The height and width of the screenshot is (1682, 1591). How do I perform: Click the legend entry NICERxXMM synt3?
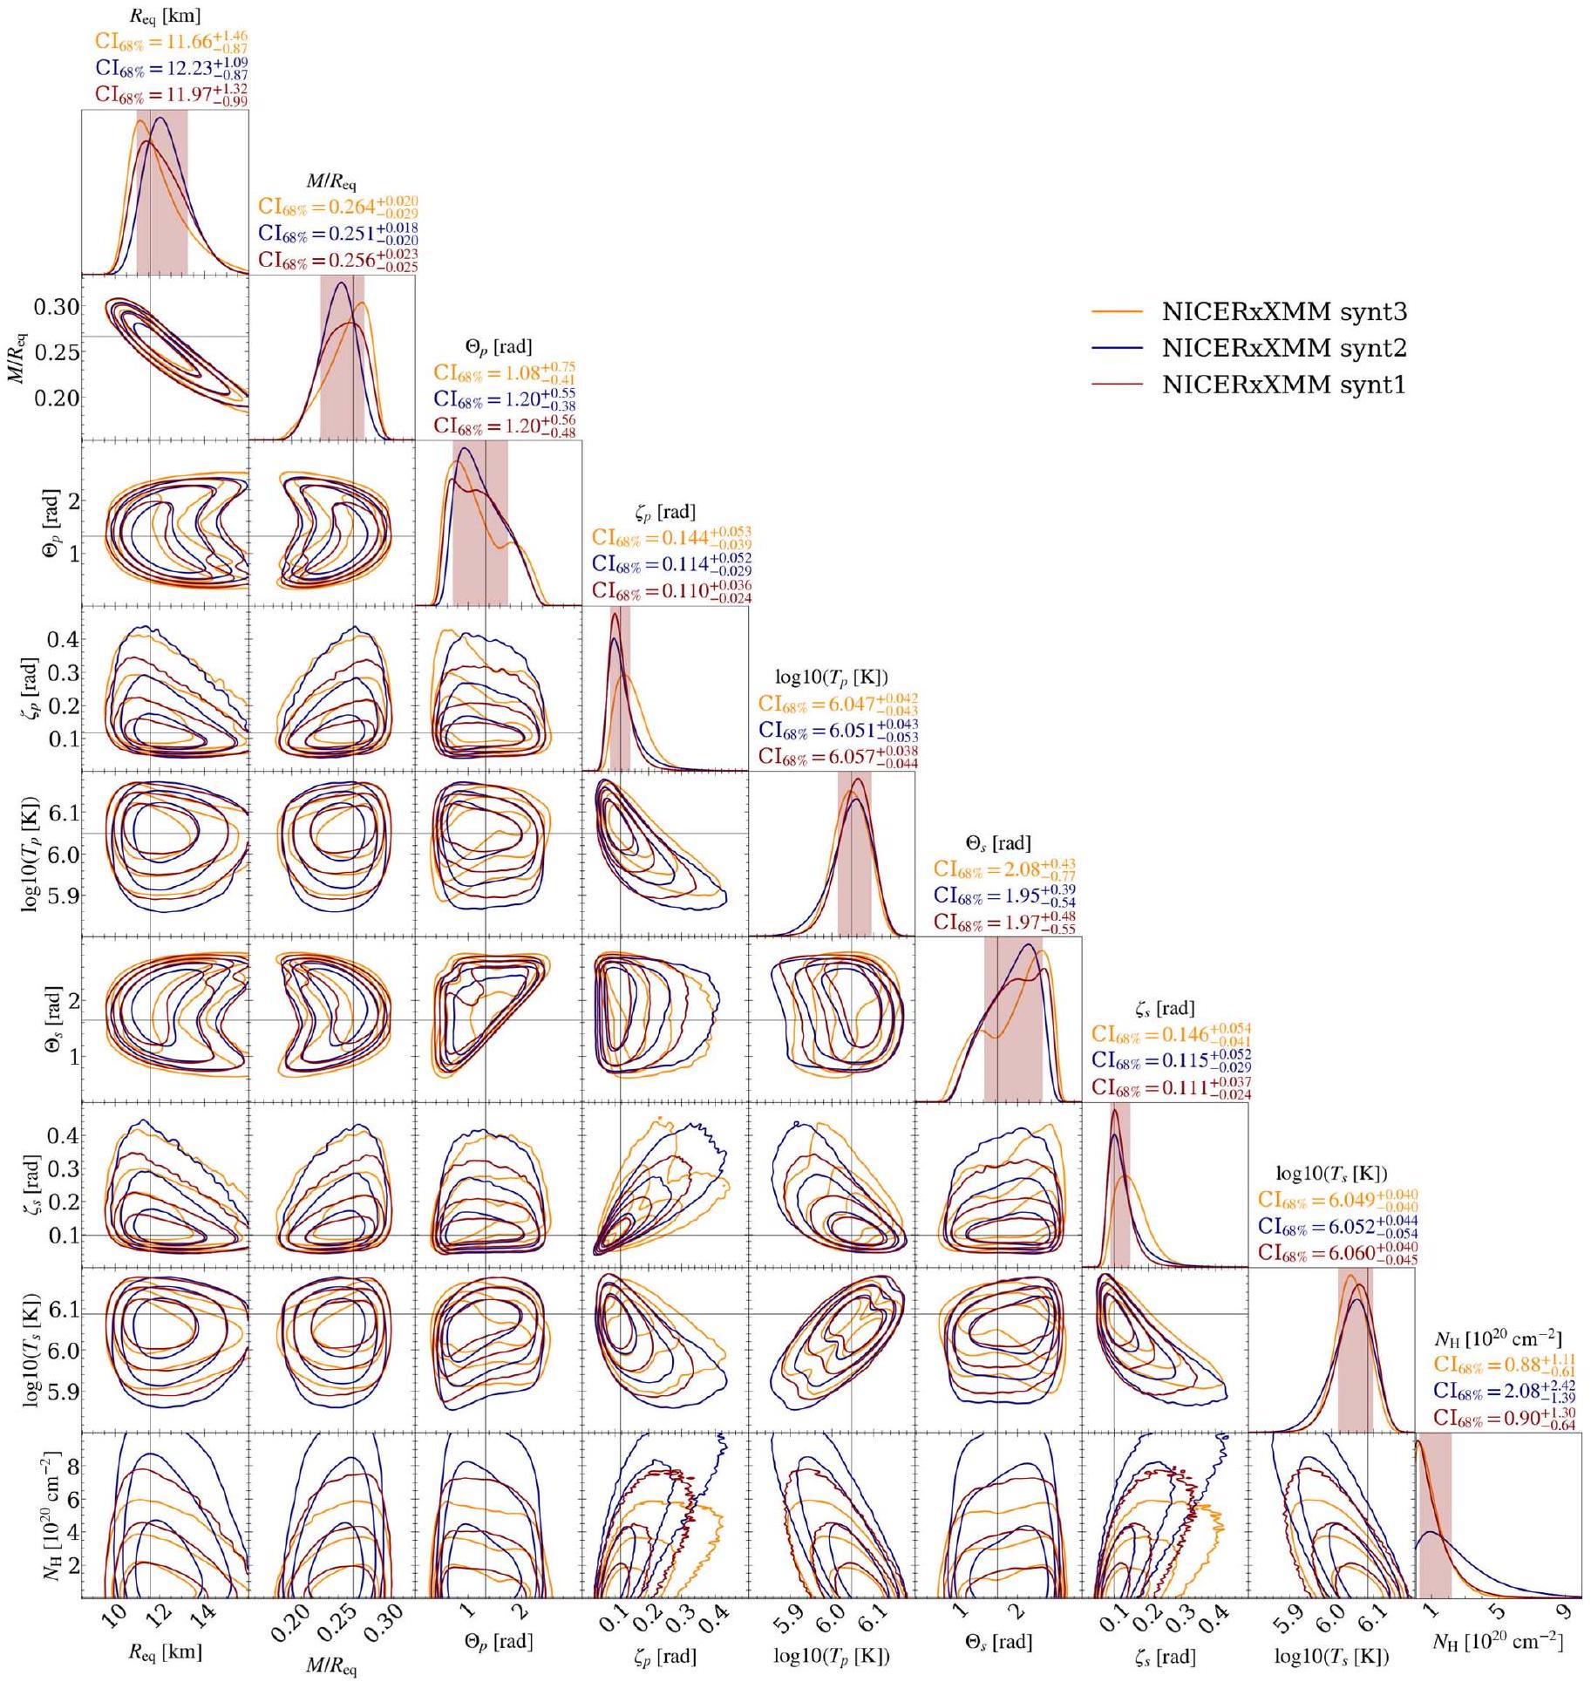pyautogui.click(x=1284, y=311)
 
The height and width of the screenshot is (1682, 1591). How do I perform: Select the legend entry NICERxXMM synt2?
pyautogui.click(x=1284, y=348)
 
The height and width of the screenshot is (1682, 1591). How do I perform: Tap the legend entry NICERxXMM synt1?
pyautogui.click(x=1284, y=385)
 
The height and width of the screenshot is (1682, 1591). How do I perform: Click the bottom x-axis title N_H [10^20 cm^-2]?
pyautogui.click(x=1498, y=1643)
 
